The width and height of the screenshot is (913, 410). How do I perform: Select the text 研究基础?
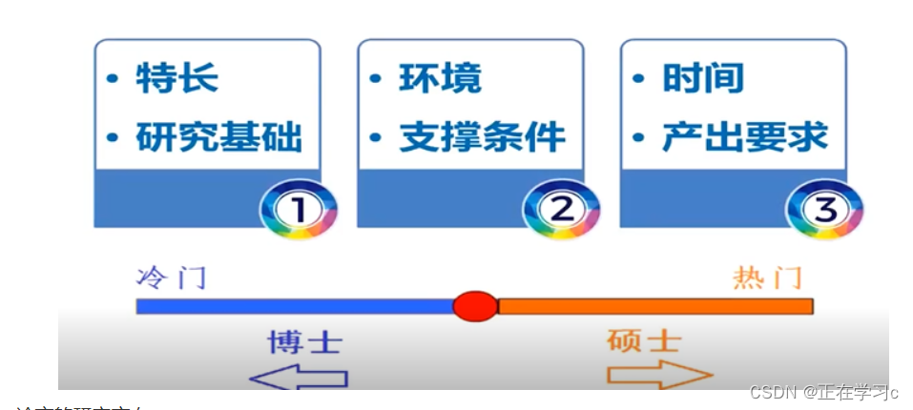[x=218, y=137]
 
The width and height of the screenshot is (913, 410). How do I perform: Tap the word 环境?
[x=440, y=78]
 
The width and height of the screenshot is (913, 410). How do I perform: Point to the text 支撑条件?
[x=482, y=137]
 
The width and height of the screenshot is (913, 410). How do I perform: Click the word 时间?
[x=703, y=78]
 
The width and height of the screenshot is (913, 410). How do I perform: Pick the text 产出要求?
[x=745, y=137]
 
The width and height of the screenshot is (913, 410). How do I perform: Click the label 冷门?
[x=171, y=278]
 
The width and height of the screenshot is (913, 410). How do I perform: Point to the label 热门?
[x=768, y=278]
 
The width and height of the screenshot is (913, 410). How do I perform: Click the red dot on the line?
[x=474, y=306]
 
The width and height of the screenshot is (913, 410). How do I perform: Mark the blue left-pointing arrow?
[x=298, y=378]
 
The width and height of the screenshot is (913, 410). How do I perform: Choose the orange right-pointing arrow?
[x=659, y=376]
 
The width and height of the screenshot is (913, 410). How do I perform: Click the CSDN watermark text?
[x=823, y=392]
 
